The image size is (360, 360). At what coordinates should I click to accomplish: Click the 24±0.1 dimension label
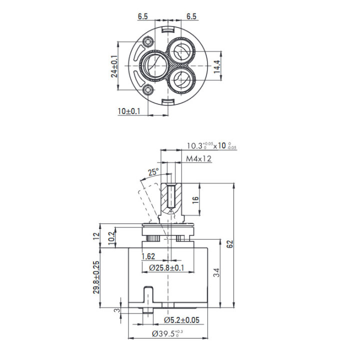click(x=114, y=66)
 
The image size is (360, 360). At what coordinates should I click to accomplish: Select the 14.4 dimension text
click(x=217, y=66)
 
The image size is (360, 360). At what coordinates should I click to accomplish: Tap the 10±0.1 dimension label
click(x=129, y=111)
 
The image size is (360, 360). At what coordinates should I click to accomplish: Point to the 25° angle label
click(x=153, y=171)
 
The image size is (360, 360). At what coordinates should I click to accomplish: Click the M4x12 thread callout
click(x=198, y=158)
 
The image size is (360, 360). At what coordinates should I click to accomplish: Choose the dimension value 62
click(x=230, y=244)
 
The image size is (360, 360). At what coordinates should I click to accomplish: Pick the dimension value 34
click(x=216, y=272)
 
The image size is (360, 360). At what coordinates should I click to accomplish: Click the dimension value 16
click(x=195, y=199)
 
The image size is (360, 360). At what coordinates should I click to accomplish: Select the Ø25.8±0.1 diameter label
click(x=166, y=267)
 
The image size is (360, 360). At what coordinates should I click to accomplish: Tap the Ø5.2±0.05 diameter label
click(x=182, y=320)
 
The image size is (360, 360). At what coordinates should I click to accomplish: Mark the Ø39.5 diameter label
click(x=167, y=333)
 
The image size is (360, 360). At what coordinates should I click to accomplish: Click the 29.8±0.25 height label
click(x=96, y=277)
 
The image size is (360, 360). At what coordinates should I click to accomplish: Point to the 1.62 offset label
click(x=148, y=256)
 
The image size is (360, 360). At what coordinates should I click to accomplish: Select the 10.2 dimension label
click(x=111, y=238)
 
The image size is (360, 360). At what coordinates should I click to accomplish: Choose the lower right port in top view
click(x=181, y=79)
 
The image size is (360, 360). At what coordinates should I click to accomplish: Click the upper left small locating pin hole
click(x=147, y=42)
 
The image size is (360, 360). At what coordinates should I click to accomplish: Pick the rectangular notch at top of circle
click(x=168, y=30)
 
